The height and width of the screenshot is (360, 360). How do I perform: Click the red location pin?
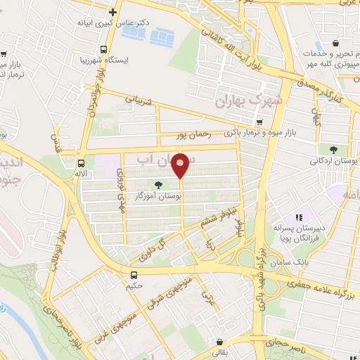(181, 165)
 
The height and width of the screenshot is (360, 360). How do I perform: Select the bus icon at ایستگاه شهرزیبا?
(104, 49)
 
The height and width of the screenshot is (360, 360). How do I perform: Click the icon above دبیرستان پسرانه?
(298, 218)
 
